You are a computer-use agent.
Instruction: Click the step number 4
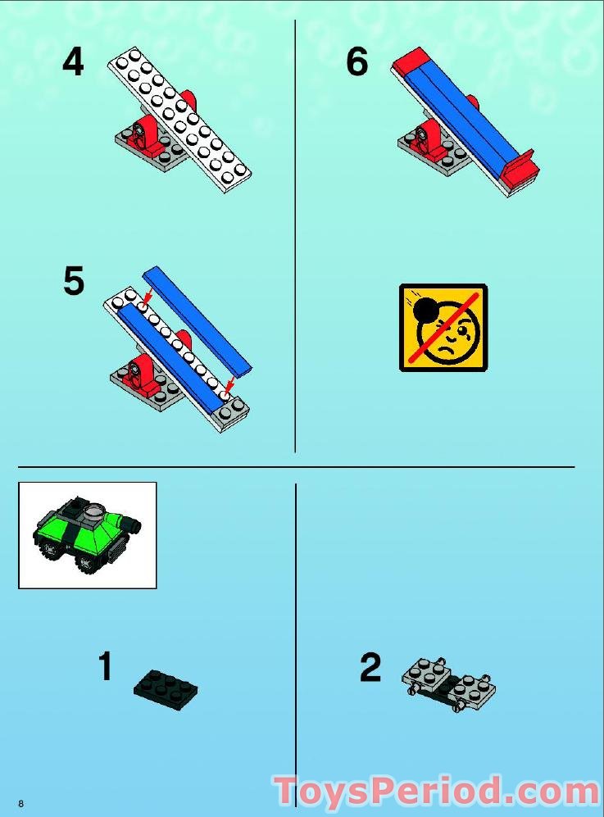[x=73, y=62]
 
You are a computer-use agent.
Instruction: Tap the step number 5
[x=74, y=282]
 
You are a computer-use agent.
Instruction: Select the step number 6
[x=357, y=62]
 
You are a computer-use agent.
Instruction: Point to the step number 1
[x=104, y=667]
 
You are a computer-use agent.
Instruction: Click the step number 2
[x=370, y=669]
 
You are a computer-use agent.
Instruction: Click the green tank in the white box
[x=85, y=534]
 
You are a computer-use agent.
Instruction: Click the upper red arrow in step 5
[x=148, y=295]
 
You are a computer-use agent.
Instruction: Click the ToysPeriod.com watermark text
[x=436, y=792]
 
